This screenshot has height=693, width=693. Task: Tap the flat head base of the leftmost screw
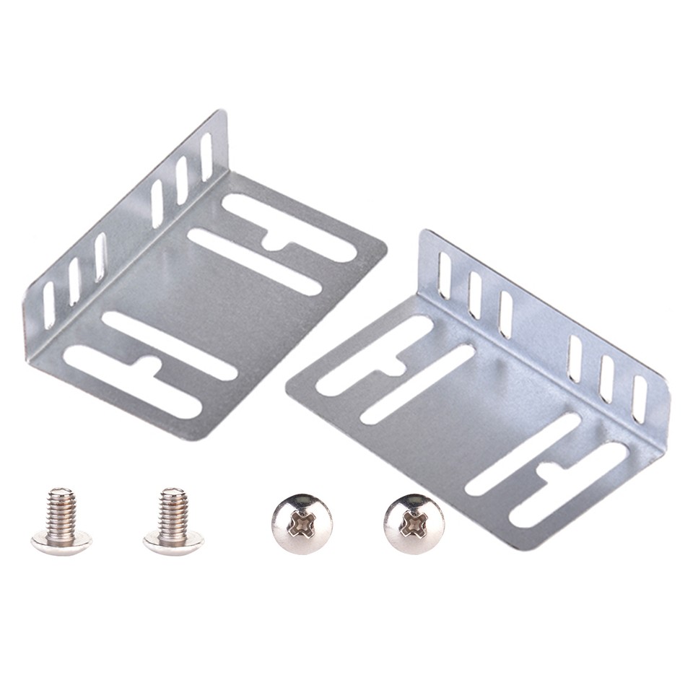(x=61, y=539)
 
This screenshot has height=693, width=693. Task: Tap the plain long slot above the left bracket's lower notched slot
(x=170, y=346)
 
